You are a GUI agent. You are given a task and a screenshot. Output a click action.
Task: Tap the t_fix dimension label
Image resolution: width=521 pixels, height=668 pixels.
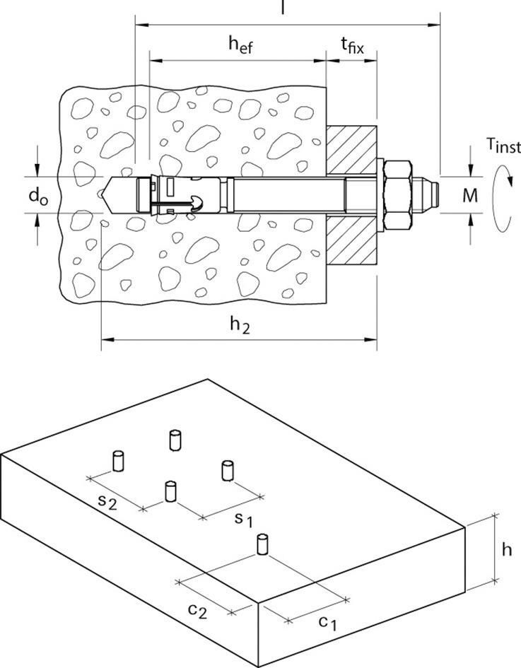[x=351, y=47]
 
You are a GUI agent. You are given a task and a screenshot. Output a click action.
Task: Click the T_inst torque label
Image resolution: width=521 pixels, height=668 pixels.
[x=503, y=146]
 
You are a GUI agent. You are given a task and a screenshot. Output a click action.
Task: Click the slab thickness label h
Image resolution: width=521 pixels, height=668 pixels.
[x=506, y=549]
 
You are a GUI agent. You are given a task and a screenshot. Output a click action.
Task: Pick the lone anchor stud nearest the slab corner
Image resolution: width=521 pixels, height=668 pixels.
[x=263, y=545]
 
